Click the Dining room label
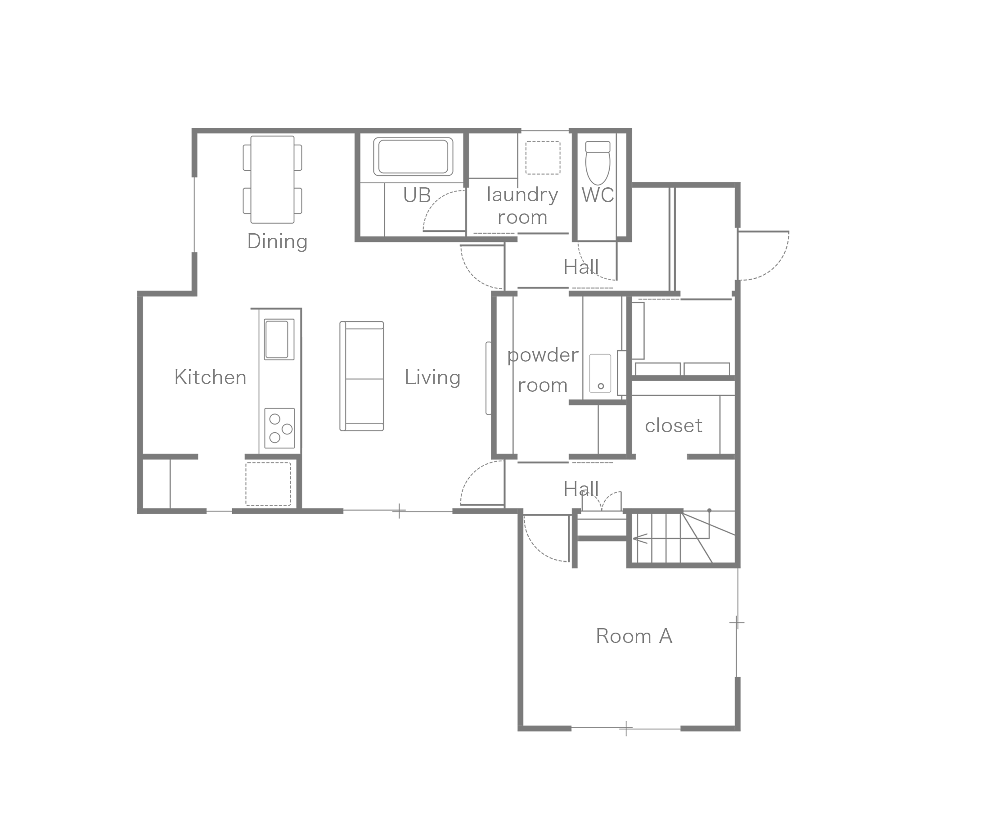(x=278, y=241)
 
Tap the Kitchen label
(x=211, y=377)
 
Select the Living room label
(x=432, y=378)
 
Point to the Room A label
(x=634, y=636)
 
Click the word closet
(x=674, y=426)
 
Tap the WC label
(x=598, y=195)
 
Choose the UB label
(x=417, y=195)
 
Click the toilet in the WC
(x=598, y=163)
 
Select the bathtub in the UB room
(x=413, y=156)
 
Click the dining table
(x=272, y=180)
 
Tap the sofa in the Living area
(x=362, y=376)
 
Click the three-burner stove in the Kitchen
(x=279, y=428)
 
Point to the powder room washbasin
(x=600, y=373)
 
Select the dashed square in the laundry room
(x=543, y=158)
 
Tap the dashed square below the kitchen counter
(x=268, y=484)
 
